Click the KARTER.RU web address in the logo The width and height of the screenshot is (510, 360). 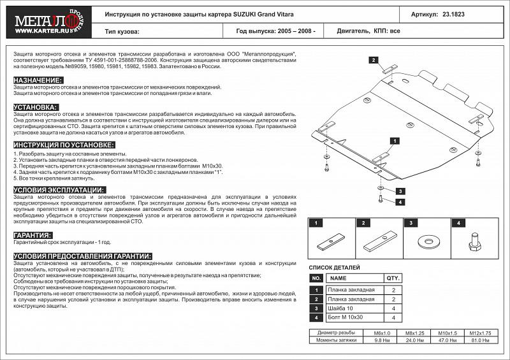coord(36,28)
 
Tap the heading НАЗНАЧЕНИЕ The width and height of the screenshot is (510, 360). coord(38,80)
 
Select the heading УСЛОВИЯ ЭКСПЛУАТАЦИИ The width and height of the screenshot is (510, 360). coord(59,190)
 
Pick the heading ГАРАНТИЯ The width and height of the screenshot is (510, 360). coord(33,235)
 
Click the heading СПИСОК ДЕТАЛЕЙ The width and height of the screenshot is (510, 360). coord(334,268)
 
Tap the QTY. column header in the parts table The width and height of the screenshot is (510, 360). coord(393,278)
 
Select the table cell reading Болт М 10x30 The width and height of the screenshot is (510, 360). coord(345,317)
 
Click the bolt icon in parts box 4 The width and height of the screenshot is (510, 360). coord(475,243)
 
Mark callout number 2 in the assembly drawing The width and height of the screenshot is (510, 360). coord(370,60)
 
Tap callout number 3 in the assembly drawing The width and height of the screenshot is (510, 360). coord(400,191)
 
